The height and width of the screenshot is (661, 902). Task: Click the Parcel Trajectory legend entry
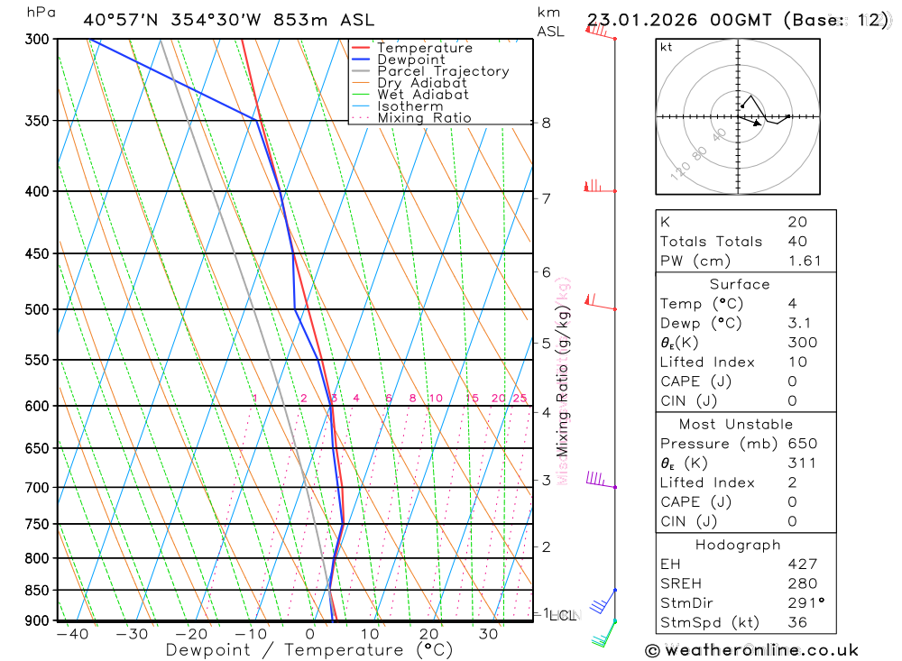(x=443, y=71)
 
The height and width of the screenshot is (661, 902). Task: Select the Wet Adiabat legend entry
(x=423, y=95)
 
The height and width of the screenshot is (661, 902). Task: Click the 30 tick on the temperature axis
(x=488, y=634)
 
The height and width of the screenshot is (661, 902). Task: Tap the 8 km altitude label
(x=547, y=123)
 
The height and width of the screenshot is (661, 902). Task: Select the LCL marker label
(x=563, y=616)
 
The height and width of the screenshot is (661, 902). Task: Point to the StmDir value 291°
(x=802, y=603)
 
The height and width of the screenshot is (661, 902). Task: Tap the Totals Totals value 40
(x=797, y=242)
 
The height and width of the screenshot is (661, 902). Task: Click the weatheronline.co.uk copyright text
(x=751, y=650)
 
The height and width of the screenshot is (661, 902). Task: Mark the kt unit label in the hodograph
(x=667, y=47)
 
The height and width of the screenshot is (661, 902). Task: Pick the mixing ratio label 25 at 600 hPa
(x=520, y=399)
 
